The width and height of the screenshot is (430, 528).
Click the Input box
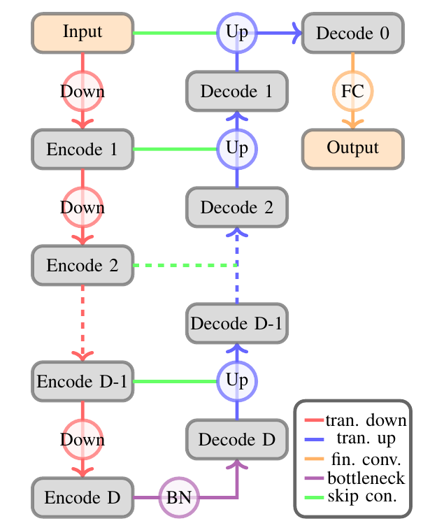83,32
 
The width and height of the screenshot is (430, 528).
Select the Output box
352,148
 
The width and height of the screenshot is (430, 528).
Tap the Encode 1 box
83,149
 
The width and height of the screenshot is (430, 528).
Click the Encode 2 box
83,265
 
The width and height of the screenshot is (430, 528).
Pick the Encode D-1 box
83,382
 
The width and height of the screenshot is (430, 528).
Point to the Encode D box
83,498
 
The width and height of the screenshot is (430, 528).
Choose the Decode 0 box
352,32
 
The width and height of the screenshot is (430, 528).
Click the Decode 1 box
236,90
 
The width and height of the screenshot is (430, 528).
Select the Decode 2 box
236,207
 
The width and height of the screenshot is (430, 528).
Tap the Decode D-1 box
236,323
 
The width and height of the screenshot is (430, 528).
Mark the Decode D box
236,440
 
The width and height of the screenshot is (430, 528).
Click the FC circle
352,90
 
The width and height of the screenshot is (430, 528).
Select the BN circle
179,498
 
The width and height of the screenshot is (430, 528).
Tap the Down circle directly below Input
83,91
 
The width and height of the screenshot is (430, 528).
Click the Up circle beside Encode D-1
236,382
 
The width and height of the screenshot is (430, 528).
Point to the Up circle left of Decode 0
236,32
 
